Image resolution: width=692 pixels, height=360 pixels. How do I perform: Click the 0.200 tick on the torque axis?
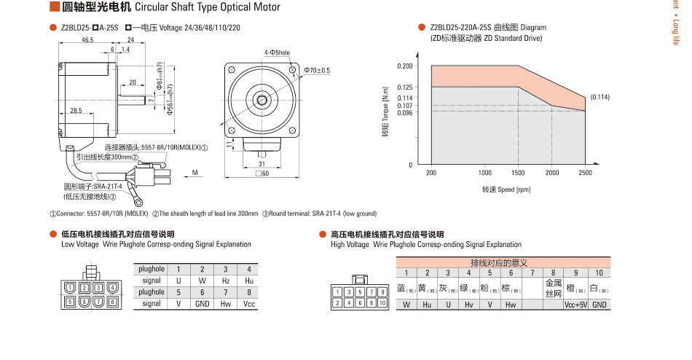tap(404, 66)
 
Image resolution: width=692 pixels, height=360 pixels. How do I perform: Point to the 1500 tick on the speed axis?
tap(518, 173)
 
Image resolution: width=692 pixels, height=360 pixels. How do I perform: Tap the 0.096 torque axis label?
tap(404, 112)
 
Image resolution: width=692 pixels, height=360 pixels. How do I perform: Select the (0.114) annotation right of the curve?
tap(599, 97)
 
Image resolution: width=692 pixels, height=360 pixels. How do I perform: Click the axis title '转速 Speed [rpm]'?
tap(507, 189)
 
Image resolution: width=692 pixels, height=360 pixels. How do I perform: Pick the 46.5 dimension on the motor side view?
tap(87, 39)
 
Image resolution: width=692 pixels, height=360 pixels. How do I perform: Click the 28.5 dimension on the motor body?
tap(76, 111)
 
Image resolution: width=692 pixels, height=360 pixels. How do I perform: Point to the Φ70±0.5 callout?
tap(317, 70)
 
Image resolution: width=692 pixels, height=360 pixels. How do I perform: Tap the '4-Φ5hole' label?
tap(277, 52)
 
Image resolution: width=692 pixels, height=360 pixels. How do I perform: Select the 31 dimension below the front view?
tap(262, 163)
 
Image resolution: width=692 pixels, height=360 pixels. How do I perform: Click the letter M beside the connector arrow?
tap(195, 173)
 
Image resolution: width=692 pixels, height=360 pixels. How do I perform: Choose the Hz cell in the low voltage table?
tap(226, 280)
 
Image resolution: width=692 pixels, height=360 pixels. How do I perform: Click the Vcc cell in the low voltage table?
tap(249, 303)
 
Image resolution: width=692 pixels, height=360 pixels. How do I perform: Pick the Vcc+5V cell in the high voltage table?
tap(575, 305)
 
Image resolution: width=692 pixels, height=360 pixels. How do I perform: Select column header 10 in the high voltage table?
tap(599, 273)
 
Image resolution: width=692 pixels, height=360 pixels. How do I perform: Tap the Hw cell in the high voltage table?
tap(511, 305)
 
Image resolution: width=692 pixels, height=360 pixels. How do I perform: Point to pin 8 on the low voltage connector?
tap(112, 301)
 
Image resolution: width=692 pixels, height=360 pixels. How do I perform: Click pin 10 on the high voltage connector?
tap(382, 302)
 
